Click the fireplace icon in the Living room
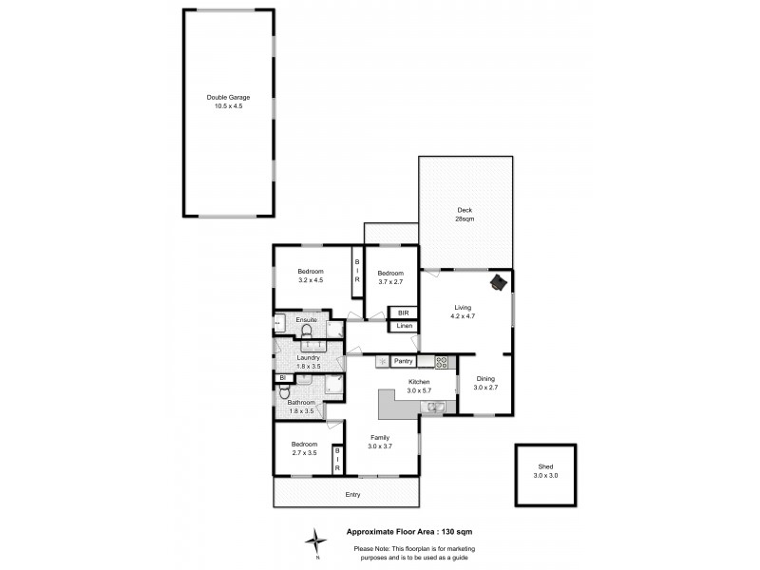click(x=498, y=282)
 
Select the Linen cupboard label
click(x=404, y=327)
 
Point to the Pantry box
click(x=403, y=361)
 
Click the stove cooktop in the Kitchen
click(x=442, y=362)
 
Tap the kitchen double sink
click(x=433, y=408)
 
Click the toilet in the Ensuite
click(x=307, y=331)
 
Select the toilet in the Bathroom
click(x=284, y=391)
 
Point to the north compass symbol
click(x=315, y=542)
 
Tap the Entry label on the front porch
click(x=353, y=495)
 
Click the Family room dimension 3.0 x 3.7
click(x=380, y=446)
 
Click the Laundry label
click(x=308, y=357)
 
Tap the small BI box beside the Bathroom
click(x=283, y=377)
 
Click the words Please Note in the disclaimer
click(x=373, y=548)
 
